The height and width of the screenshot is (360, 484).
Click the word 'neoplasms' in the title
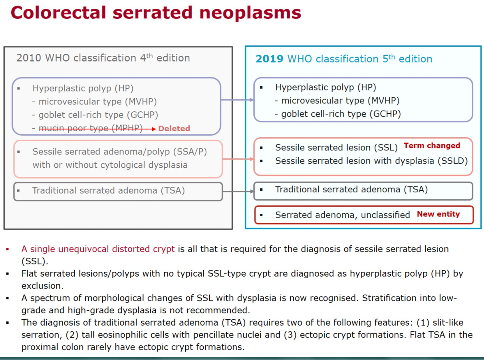click(250, 13)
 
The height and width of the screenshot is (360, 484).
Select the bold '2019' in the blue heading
click(269, 59)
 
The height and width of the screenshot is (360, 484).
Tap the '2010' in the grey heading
click(29, 58)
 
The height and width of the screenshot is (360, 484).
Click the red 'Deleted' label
click(174, 129)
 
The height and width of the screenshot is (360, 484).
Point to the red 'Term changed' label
click(432, 146)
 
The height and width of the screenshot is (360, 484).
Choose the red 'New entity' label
click(438, 214)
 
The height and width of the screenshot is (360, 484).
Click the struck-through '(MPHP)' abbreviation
click(127, 128)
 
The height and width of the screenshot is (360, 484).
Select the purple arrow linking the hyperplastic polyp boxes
click(237, 100)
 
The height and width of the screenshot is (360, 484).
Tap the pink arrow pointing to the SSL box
click(238, 159)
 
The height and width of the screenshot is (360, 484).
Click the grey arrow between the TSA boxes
click(238, 192)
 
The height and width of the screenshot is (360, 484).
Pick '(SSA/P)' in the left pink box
click(190, 152)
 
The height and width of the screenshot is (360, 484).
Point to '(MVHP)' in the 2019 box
click(383, 101)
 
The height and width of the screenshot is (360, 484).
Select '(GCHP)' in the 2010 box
click(143, 115)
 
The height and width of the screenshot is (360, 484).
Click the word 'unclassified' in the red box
click(385, 215)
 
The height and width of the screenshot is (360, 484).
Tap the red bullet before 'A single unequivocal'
click(8, 249)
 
